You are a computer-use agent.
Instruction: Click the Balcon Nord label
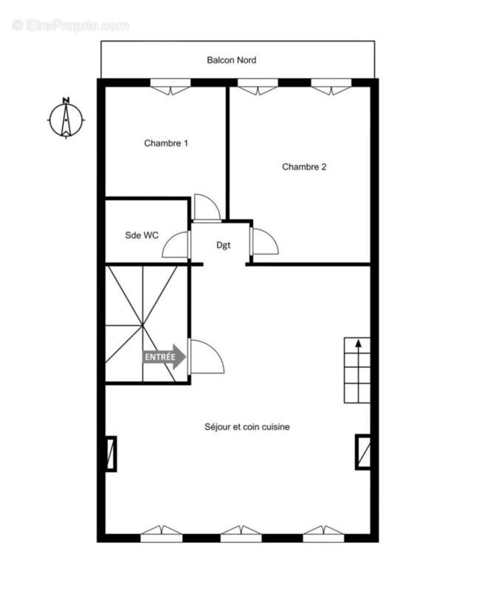click(231, 60)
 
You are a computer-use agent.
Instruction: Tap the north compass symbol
click(66, 118)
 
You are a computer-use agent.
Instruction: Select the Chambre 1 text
click(165, 143)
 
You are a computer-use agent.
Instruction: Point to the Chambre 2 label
click(304, 167)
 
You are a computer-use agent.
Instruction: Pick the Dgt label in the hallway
click(223, 245)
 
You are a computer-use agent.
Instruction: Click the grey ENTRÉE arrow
click(164, 357)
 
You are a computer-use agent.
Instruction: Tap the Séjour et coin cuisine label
click(247, 426)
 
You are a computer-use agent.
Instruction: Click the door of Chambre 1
click(206, 209)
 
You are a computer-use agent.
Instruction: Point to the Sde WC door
click(176, 244)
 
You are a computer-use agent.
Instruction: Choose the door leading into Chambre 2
click(264, 241)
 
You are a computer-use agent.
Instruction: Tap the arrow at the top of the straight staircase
click(358, 343)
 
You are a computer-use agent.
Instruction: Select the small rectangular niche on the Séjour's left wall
click(111, 454)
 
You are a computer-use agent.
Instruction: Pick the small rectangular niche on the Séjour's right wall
click(363, 452)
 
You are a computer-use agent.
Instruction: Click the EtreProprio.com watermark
click(70, 26)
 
